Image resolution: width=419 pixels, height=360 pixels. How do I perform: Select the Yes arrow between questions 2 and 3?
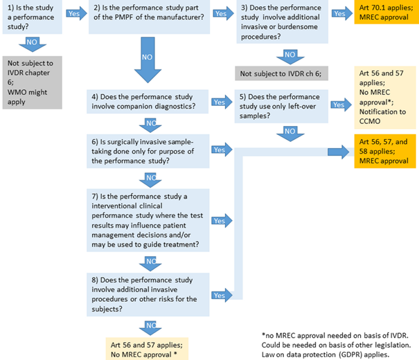coord(221,13)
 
